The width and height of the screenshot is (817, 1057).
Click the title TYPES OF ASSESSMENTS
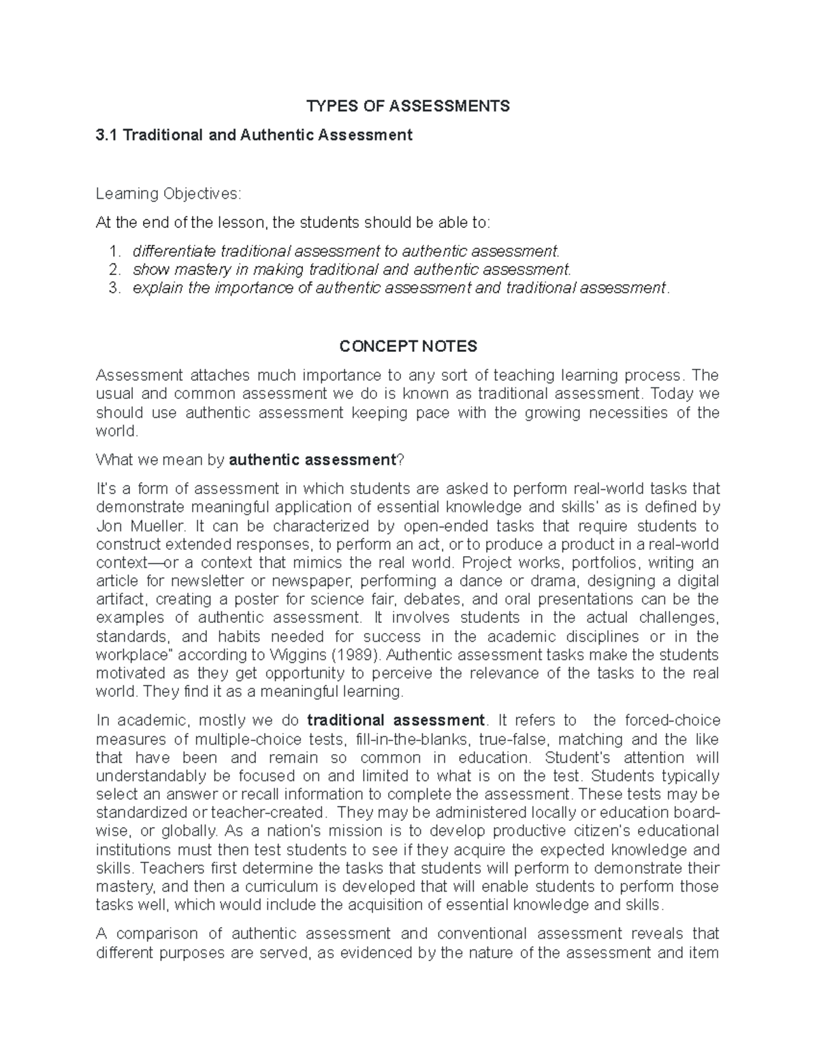click(408, 106)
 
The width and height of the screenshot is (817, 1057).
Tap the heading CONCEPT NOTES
click(408, 346)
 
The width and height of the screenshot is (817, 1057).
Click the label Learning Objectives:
click(168, 194)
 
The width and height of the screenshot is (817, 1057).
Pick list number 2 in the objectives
click(114, 270)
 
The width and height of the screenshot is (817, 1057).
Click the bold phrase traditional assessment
click(396, 720)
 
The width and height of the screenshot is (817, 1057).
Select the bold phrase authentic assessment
click(313, 460)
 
